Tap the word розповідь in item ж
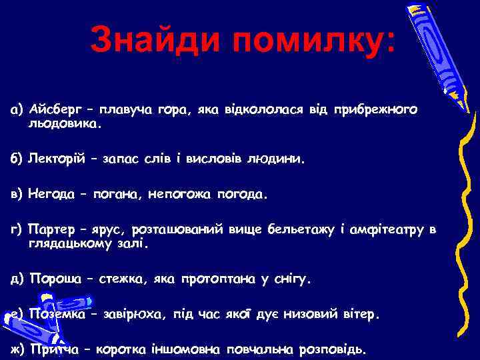(332, 349)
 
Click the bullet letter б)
(16, 159)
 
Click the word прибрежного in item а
(377, 109)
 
